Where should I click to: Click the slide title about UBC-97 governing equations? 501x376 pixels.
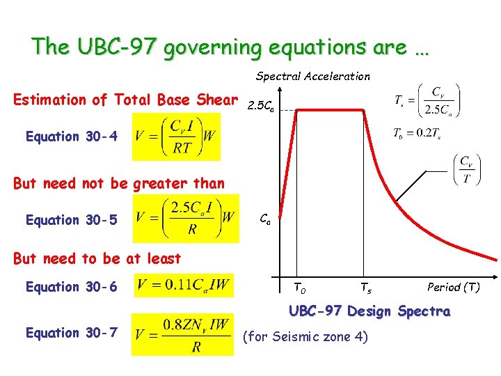tap(230, 47)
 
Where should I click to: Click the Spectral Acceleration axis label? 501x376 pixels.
tap(313, 76)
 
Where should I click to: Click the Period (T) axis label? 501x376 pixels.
tap(453, 287)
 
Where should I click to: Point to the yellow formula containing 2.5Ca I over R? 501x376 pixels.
tap(185, 219)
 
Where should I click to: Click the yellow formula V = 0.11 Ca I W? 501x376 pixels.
tap(184, 285)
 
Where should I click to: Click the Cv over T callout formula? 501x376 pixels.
tap(470, 169)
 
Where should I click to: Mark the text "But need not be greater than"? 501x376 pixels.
tap(119, 184)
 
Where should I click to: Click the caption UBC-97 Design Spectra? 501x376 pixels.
tap(369, 311)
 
